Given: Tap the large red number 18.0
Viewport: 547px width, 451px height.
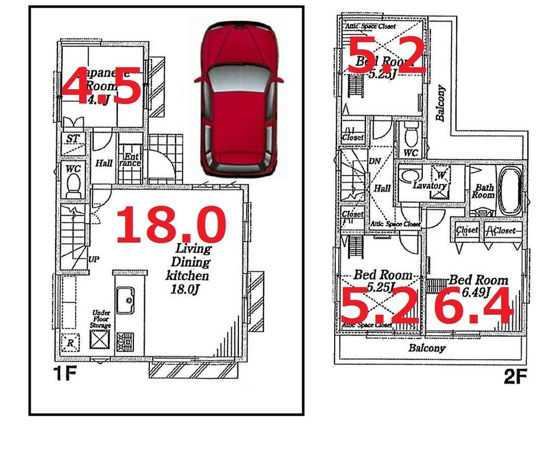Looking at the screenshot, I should [171, 225].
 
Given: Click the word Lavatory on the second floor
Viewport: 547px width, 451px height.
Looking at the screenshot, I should [430, 186].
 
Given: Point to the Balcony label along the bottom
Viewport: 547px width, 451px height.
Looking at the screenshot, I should [427, 348].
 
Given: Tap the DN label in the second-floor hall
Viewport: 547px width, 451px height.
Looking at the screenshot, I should [375, 162].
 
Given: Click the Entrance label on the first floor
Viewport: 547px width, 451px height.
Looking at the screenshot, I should [130, 159].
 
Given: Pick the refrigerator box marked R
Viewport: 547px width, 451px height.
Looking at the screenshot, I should [70, 343].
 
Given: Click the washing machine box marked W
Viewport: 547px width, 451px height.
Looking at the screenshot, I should [440, 175].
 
